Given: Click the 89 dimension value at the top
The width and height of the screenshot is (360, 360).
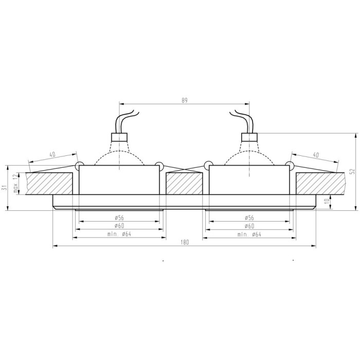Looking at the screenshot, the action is click(x=185, y=100).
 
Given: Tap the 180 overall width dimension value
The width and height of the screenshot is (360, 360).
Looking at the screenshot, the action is click(x=184, y=242).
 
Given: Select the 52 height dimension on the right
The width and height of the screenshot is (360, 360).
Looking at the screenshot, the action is click(x=353, y=171).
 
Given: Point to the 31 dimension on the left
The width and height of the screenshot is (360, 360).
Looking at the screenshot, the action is click(x=4, y=188).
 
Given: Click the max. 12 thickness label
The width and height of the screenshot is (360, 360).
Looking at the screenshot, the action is click(x=15, y=183).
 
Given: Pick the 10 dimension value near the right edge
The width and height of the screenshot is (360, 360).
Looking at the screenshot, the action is click(x=328, y=201).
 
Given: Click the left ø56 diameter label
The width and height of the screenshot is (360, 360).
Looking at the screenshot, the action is click(x=119, y=218).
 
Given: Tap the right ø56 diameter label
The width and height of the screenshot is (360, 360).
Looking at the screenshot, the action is click(x=249, y=218).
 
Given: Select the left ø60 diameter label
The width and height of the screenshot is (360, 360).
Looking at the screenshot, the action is click(x=119, y=226).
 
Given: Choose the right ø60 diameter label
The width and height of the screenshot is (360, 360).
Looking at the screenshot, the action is click(x=249, y=226).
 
